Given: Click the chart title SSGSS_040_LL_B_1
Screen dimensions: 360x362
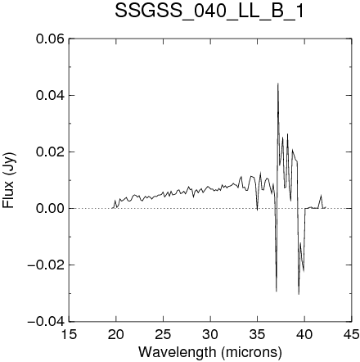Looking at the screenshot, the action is tap(209, 11).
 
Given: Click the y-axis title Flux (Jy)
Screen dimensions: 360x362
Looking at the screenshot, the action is tap(9, 181).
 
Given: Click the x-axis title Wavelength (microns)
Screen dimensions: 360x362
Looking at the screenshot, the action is tap(210, 351).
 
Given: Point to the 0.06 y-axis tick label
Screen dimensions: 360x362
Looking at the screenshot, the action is tap(50, 38).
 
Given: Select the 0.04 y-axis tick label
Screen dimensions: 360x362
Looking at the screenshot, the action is tap(50, 95).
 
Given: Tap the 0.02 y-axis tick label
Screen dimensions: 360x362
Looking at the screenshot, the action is tap(50, 152).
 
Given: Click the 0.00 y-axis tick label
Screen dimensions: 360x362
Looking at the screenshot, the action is tap(50, 208).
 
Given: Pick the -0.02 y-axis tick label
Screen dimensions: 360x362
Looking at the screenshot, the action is tap(46, 265).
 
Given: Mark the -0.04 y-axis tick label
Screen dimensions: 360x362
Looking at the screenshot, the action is tap(46, 321).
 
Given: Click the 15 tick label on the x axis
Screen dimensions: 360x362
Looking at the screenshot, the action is tap(69, 334).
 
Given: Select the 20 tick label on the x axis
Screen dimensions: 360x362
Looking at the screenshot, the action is tap(116, 334).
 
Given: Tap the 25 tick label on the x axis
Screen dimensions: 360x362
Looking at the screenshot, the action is tap(163, 334).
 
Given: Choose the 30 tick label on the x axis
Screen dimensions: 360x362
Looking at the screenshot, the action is tap(210, 334).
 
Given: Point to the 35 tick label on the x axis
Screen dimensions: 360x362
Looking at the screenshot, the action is tap(258, 334).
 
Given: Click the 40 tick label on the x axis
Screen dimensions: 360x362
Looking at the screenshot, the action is tap(304, 334).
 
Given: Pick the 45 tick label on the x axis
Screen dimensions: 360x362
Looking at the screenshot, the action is tap(351, 334).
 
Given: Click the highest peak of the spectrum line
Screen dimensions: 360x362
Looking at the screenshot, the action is tap(278, 84).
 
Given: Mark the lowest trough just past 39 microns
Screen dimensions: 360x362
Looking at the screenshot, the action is tap(299, 294).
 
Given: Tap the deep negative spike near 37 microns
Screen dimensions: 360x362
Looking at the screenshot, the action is tap(277, 291).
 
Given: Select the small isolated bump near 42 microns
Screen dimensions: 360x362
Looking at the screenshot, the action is tap(321, 196).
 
